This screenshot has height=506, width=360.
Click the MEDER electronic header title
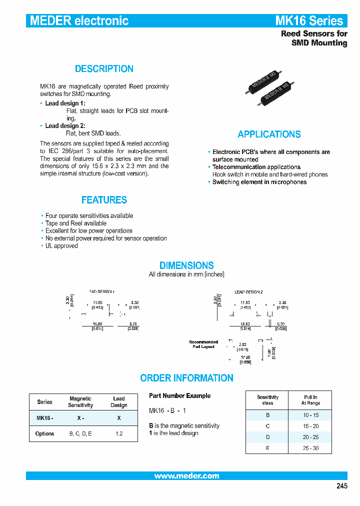click(79, 20)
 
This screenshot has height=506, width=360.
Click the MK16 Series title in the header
click(309, 20)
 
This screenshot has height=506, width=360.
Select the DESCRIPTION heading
click(104, 69)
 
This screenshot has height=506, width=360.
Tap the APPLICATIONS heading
click(269, 134)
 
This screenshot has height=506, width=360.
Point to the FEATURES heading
click(104, 200)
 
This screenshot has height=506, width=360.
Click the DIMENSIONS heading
click(186, 265)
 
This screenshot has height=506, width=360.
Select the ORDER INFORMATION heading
click(186, 378)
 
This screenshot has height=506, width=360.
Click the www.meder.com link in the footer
click(186, 476)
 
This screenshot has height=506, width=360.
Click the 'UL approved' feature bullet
click(61, 246)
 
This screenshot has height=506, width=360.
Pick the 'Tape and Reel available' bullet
click(75, 223)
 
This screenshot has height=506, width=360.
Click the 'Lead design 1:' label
click(65, 103)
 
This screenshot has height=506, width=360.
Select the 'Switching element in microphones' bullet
click(259, 182)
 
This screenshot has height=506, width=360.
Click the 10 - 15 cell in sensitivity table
click(310, 415)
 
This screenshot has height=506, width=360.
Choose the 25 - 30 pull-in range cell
click(310, 448)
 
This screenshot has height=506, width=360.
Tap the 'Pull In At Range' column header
click(310, 400)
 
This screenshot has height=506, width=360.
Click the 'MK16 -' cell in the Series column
click(44, 417)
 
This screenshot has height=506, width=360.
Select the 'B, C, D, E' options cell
click(80, 433)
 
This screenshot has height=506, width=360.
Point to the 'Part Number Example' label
click(179, 395)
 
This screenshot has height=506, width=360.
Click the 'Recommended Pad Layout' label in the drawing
click(203, 344)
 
